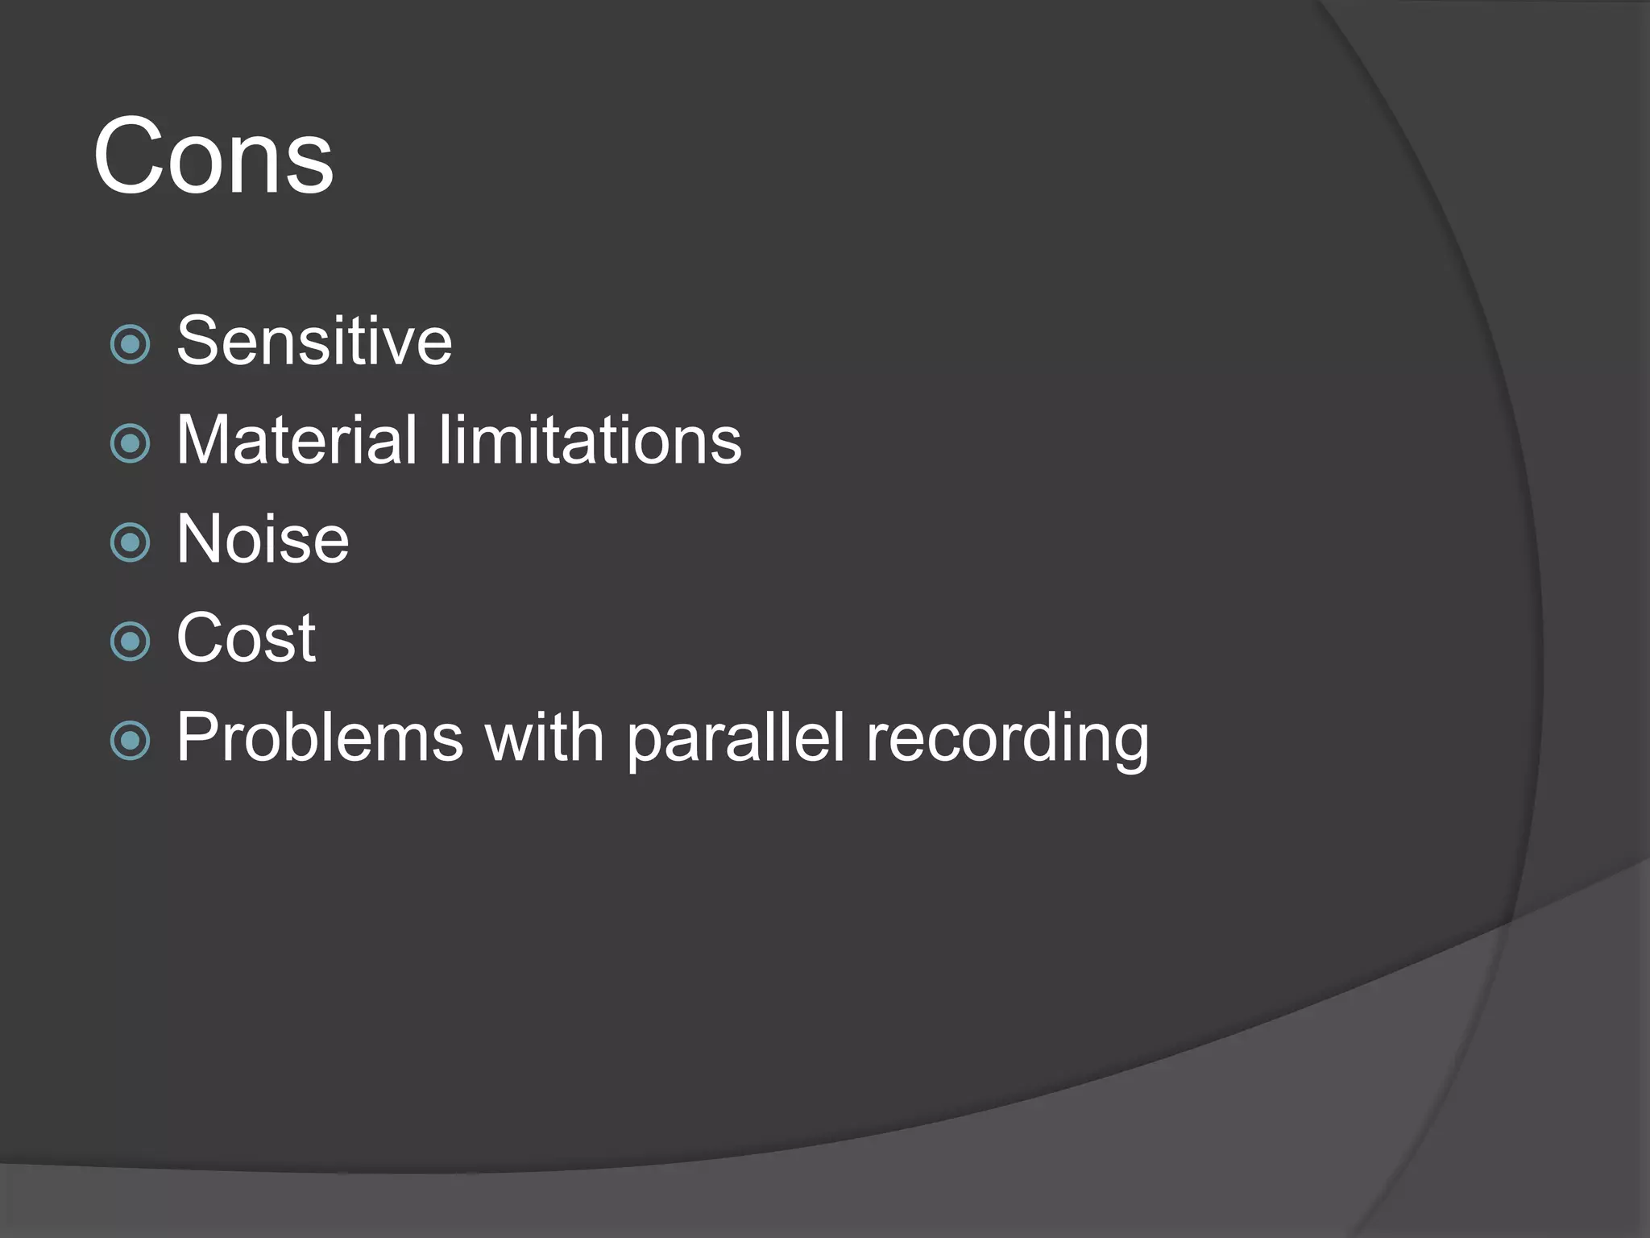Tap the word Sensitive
tap(314, 341)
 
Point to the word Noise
tap(263, 539)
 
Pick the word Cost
tap(246, 638)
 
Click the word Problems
tap(320, 737)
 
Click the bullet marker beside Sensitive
tap(130, 344)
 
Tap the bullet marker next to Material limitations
tap(130, 443)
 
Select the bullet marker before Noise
tap(130, 542)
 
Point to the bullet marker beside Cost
tap(130, 642)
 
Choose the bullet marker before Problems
tap(130, 741)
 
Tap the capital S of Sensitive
tap(197, 341)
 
